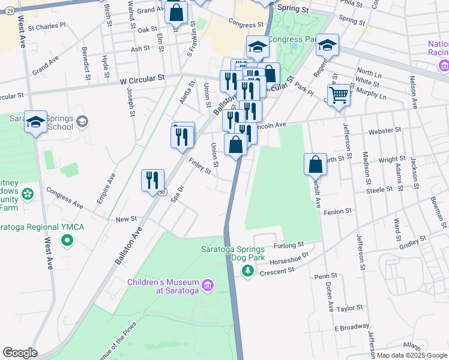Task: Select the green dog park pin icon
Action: click(247, 271)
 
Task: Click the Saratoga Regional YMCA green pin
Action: click(67, 241)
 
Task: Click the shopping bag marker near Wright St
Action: click(315, 164)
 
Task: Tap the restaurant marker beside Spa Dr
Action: click(152, 179)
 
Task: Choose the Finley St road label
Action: click(200, 166)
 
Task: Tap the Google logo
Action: click(20, 353)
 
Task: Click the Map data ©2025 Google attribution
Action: click(411, 355)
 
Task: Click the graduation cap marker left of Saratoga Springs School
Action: click(35, 122)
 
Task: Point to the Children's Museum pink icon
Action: click(207, 283)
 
